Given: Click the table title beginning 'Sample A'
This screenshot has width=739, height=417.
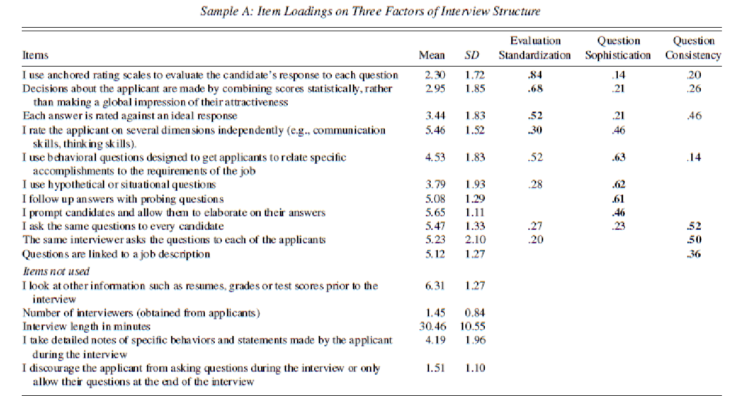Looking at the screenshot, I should pos(369,11).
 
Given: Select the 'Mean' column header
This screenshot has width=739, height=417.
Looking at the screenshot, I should pos(431,55).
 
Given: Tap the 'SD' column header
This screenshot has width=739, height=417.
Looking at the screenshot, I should pos(471,55).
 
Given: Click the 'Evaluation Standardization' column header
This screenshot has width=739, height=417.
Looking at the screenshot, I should pos(535,48).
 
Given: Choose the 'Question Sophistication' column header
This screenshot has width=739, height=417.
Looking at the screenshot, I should pos(618,48).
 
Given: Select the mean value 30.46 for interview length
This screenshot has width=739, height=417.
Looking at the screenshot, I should pos(432,326).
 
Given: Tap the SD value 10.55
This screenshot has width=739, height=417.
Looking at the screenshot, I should pos(471,326).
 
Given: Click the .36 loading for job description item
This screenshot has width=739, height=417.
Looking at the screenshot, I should pos(694,255).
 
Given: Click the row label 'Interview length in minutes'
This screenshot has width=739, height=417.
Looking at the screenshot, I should pos(86,326).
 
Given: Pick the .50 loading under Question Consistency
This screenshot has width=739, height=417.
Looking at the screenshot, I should pos(694,240).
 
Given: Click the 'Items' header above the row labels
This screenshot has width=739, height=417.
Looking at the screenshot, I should pos(35,55).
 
